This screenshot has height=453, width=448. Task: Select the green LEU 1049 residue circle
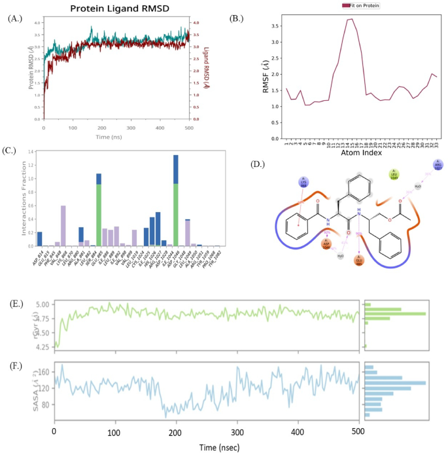(394, 175)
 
